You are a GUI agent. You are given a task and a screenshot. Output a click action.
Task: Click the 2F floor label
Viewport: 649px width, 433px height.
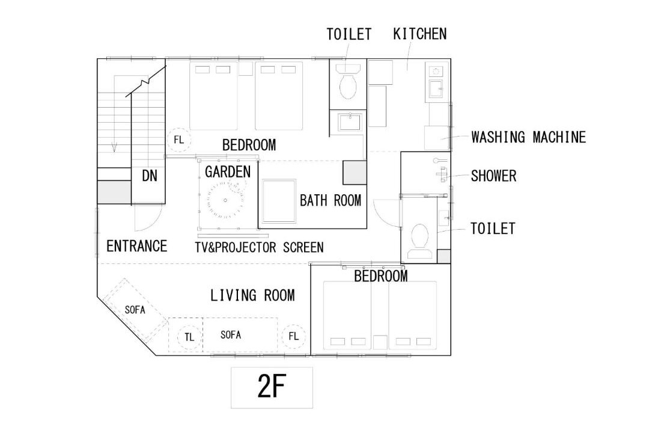coord(272,386)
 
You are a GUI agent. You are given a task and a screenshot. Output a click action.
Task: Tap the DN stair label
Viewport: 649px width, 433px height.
coord(150,176)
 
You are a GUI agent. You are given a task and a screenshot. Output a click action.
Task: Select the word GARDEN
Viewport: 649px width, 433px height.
coord(228,171)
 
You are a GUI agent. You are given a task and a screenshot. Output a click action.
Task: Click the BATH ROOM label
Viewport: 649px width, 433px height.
coord(331,200)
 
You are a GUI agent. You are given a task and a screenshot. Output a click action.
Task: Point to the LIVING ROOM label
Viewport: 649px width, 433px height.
coord(252,295)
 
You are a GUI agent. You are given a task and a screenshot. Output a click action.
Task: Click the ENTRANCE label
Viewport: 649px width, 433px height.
coord(136,246)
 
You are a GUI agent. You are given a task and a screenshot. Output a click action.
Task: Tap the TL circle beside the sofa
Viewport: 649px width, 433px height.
coord(189,337)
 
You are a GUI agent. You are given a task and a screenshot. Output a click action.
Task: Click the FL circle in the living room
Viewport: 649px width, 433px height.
coord(293,336)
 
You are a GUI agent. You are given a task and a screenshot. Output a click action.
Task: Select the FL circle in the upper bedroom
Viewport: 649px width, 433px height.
coord(179,140)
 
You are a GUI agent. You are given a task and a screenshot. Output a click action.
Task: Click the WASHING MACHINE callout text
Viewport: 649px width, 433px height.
coord(529,137)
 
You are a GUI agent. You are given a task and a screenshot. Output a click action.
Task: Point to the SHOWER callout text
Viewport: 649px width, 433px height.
coord(493,176)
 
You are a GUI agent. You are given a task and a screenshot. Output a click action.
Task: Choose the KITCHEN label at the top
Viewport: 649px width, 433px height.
coord(419,34)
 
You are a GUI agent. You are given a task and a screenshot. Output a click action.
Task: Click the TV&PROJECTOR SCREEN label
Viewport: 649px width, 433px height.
coord(259,247)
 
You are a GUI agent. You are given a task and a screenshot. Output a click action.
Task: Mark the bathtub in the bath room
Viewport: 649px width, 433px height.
coord(279,201)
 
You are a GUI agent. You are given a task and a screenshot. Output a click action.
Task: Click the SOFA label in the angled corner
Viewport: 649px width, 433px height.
coord(135,310)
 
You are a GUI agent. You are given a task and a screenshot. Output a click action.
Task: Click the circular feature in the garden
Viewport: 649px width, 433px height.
coord(225,200)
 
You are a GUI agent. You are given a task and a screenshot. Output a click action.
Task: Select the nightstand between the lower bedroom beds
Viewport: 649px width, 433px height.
coord(380,342)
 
